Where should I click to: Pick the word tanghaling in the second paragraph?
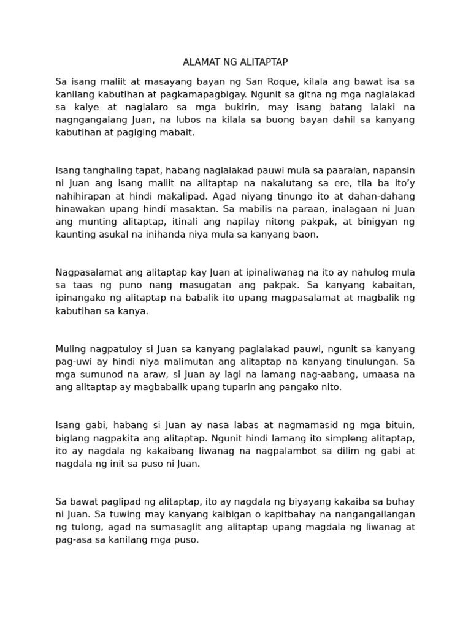110,170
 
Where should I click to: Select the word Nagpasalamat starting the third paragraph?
86,272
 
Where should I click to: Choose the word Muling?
70,349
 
